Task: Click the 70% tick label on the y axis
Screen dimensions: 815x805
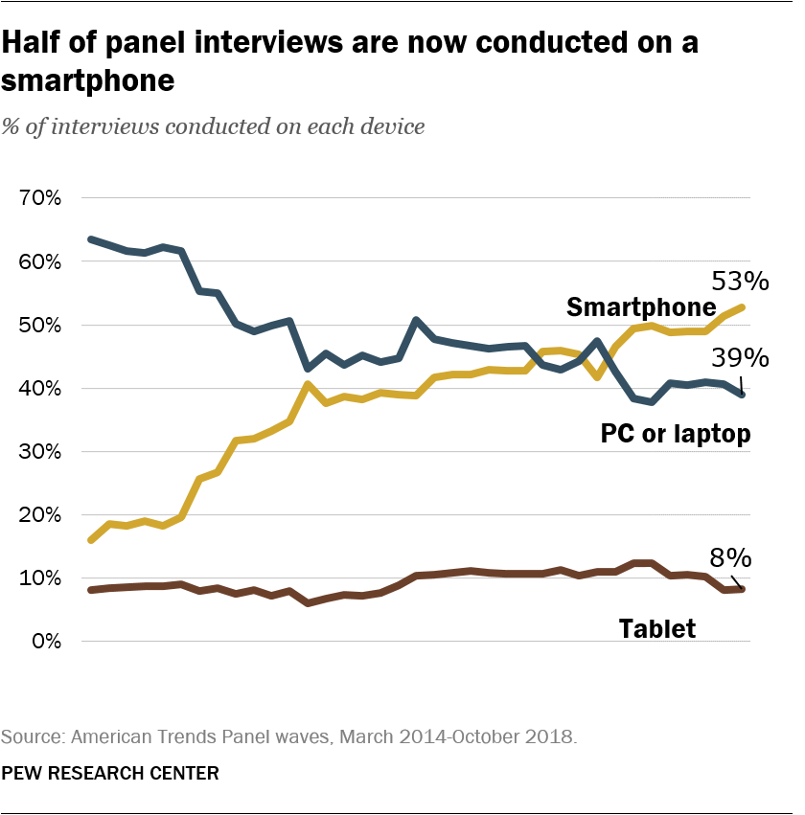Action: pyautogui.click(x=39, y=199)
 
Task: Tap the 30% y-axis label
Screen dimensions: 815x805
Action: pyautogui.click(x=39, y=452)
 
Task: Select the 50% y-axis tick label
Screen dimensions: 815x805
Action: pyautogui.click(x=39, y=326)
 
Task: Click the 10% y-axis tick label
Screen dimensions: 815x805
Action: pyautogui.click(x=39, y=578)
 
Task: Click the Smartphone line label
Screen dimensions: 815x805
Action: pyautogui.click(x=641, y=307)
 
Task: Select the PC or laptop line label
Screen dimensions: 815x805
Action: pyautogui.click(x=675, y=434)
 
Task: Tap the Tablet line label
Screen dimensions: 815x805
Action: pyautogui.click(x=656, y=629)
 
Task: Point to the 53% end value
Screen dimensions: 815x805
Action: pyautogui.click(x=739, y=282)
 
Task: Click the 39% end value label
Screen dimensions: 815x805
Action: pyautogui.click(x=739, y=358)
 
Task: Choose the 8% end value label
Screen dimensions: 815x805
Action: pyautogui.click(x=729, y=558)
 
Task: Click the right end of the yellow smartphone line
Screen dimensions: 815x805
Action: pyautogui.click(x=744, y=307)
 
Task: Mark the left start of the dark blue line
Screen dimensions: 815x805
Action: pyautogui.click(x=90, y=238)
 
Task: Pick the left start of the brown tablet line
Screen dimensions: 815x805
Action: pyautogui.click(x=90, y=590)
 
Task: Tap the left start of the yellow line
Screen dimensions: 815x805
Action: pyautogui.click(x=90, y=540)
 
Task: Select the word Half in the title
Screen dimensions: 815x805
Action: pyautogui.click(x=34, y=43)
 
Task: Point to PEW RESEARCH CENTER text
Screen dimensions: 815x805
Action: pyautogui.click(x=110, y=773)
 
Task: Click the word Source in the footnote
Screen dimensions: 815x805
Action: pyautogui.click(x=28, y=737)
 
